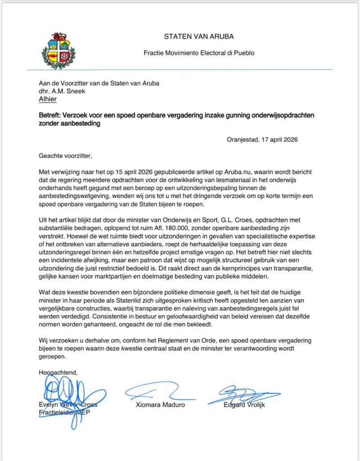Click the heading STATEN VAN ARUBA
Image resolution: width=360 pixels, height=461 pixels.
click(199, 36)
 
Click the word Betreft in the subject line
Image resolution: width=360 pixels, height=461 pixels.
click(49, 116)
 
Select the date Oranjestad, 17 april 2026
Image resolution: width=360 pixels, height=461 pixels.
click(262, 140)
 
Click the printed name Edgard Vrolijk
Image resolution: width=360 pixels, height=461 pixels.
click(244, 404)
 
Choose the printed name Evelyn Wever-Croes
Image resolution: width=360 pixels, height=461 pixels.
click(68, 405)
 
